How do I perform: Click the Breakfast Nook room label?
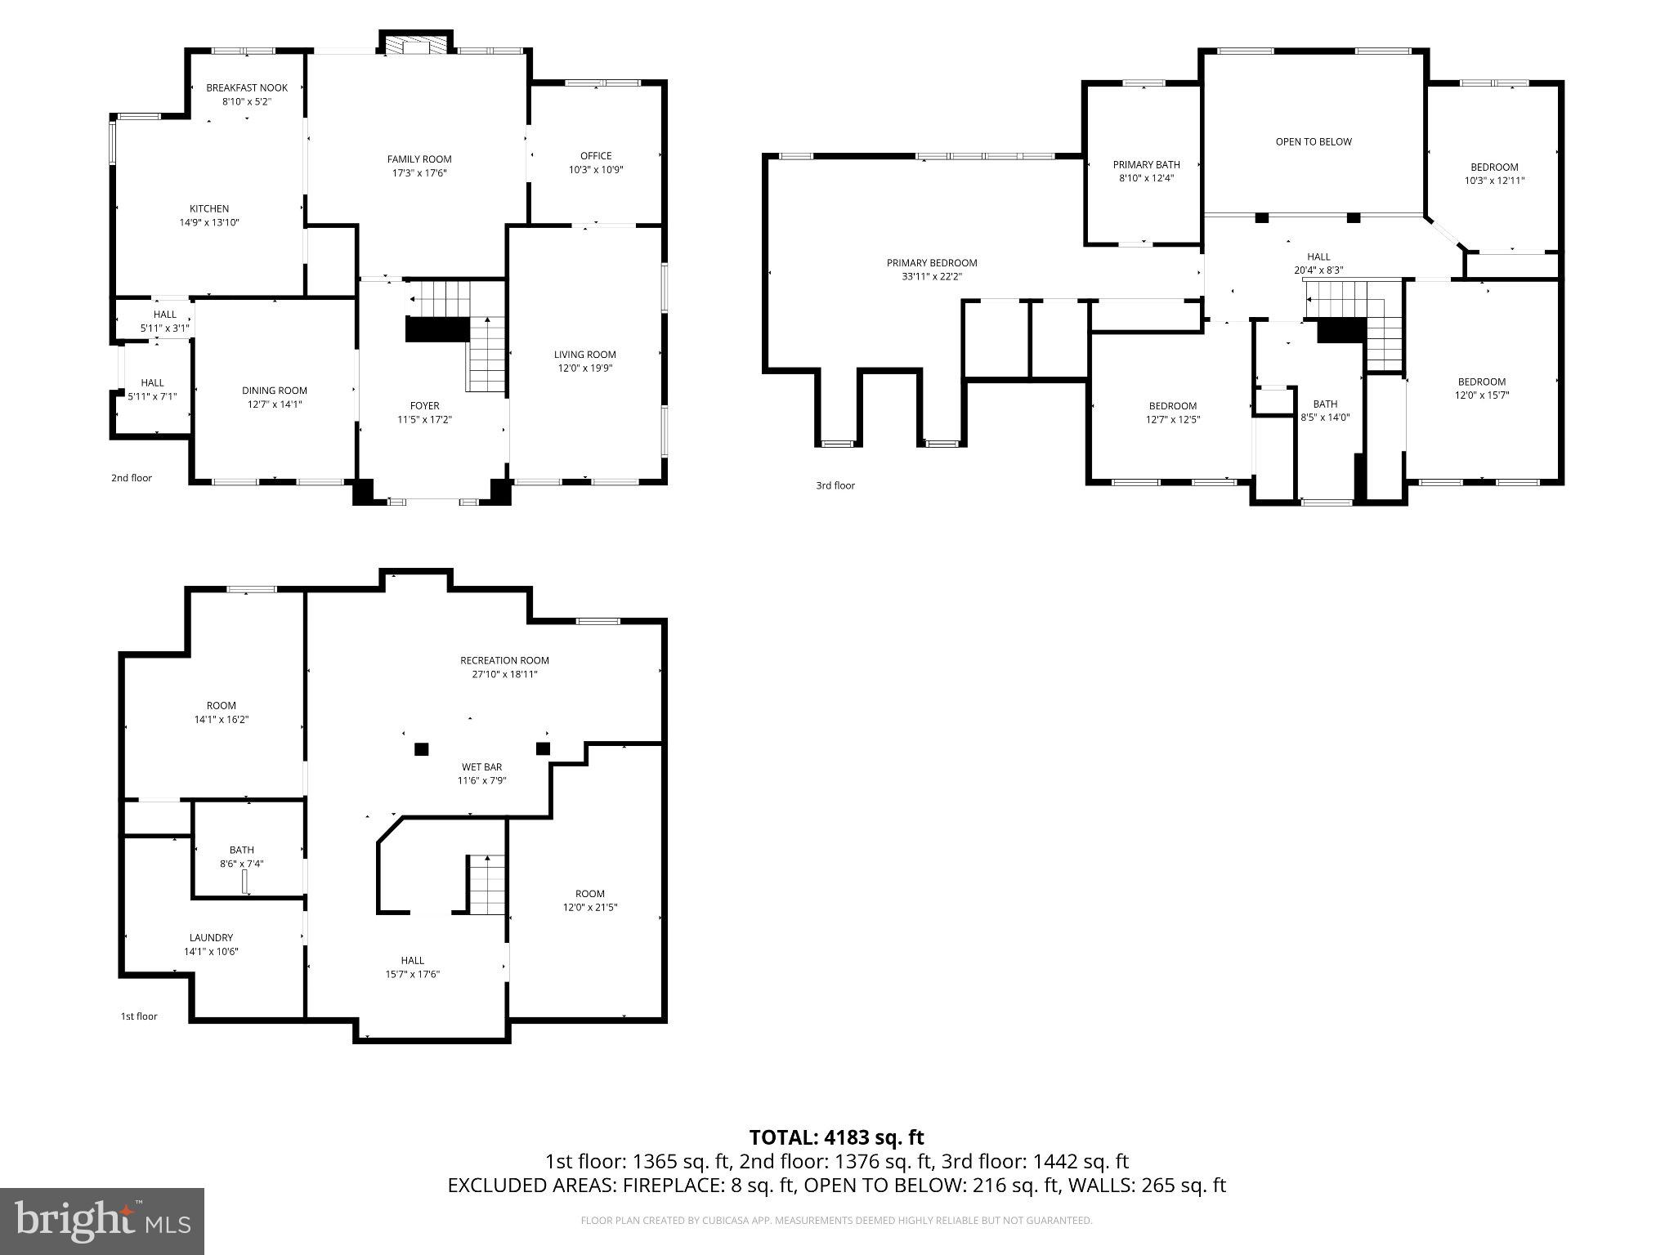point(247,88)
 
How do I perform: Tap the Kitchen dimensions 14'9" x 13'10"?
point(209,222)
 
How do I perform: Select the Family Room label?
point(419,159)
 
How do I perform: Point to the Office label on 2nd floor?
point(596,156)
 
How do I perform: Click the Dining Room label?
point(275,391)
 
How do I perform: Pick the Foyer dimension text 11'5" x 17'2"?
point(424,419)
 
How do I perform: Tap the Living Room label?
point(585,355)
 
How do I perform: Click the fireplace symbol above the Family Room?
point(415,46)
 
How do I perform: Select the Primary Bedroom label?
point(932,263)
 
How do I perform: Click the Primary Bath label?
point(1146,165)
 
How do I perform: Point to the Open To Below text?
point(1314,142)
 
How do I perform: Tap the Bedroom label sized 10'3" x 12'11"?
point(1494,167)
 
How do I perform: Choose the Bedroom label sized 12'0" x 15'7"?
point(1482,382)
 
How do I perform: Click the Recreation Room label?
point(504,660)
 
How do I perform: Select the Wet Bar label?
point(481,766)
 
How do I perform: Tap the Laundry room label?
point(211,937)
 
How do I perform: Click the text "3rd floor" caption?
point(835,485)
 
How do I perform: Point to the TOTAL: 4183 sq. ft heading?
point(836,1137)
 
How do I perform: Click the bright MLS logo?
point(102,1222)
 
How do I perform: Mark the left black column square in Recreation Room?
point(422,748)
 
